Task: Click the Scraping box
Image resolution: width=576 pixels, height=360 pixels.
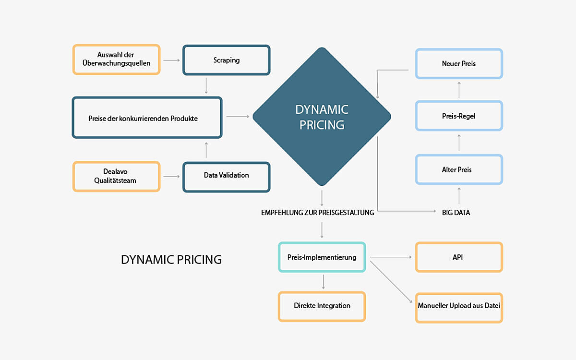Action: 226,60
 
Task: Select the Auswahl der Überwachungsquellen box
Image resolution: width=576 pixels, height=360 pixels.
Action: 116,60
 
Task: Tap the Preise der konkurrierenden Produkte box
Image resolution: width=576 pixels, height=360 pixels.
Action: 147,118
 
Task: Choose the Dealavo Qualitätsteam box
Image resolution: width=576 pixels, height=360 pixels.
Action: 116,177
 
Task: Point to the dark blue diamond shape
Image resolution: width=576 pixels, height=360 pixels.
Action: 322,117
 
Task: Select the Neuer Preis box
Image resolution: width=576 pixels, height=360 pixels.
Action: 459,63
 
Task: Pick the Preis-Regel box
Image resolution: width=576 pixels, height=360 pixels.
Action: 459,116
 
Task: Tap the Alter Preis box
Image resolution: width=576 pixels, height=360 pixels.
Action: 459,169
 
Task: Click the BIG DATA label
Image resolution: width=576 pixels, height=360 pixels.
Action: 456,212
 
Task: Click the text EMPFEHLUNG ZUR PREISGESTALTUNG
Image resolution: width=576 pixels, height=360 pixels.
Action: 317,212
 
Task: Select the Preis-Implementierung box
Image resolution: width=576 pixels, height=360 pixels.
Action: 322,257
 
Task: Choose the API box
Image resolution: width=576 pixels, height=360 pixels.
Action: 458,257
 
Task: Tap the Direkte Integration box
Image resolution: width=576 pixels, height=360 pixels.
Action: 322,306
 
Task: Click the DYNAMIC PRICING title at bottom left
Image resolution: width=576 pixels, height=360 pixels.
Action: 171,260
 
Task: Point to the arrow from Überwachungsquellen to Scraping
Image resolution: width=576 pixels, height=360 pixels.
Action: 171,60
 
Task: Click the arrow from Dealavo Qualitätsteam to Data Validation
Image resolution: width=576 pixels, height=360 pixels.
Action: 171,177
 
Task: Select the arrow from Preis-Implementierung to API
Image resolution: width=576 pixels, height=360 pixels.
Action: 391,257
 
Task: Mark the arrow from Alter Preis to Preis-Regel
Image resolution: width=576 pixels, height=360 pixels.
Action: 459,143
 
